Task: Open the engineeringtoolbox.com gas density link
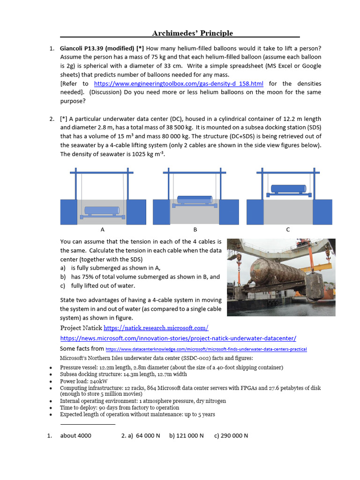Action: [179, 83]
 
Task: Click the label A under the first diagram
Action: [102, 230]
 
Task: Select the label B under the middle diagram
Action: [195, 230]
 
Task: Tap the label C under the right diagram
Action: [288, 230]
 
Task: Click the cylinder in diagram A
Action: [102, 210]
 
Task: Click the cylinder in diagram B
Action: [195, 199]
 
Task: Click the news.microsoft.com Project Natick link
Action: [178, 338]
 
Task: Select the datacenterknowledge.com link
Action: [206, 349]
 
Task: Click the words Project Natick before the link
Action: [81, 328]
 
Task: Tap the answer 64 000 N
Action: [148, 435]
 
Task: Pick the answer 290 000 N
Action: [234, 435]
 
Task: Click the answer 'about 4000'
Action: [75, 435]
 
